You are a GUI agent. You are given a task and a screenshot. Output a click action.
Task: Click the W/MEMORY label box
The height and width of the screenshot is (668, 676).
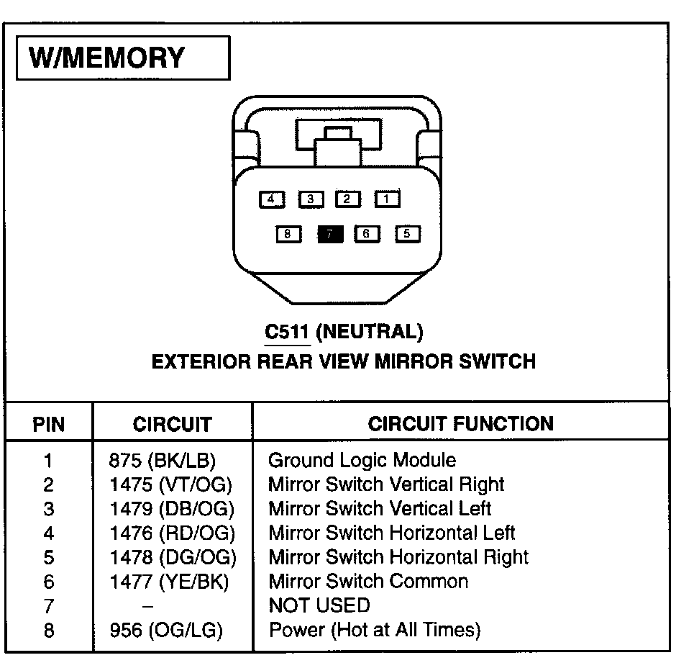click(122, 58)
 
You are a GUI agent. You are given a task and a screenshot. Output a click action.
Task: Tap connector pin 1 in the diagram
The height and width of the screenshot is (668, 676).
click(387, 199)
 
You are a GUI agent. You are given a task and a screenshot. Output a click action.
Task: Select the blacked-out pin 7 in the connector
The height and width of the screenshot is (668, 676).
click(330, 234)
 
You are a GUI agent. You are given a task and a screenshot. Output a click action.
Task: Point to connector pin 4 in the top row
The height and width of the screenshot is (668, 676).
click(271, 199)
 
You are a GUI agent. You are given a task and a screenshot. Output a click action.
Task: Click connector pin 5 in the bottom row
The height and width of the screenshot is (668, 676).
click(407, 234)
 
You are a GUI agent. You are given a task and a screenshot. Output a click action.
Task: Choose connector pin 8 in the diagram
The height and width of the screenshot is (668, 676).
click(288, 234)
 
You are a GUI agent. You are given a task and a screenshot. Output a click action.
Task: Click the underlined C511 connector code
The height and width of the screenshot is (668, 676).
click(287, 332)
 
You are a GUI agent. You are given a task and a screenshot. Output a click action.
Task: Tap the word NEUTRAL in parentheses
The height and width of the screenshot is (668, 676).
click(369, 332)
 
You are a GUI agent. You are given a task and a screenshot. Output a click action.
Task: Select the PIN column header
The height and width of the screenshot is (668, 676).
click(49, 424)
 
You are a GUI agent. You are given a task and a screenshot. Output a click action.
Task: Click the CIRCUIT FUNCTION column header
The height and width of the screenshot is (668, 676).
click(460, 423)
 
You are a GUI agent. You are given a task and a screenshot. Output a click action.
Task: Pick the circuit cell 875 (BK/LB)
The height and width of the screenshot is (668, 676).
click(163, 460)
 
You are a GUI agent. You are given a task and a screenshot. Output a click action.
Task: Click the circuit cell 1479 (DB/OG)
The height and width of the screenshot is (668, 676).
click(172, 509)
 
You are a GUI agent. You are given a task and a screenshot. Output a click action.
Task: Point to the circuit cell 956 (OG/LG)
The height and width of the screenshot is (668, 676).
click(166, 631)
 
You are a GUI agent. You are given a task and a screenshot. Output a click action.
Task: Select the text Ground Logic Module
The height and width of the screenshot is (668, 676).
click(362, 460)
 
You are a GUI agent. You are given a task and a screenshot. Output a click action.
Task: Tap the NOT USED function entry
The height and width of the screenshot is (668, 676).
click(319, 605)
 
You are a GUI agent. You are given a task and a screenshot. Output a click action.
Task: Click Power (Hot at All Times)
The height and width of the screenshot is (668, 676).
click(374, 631)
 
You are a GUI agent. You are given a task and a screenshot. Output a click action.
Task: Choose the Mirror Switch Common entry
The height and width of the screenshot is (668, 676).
click(368, 582)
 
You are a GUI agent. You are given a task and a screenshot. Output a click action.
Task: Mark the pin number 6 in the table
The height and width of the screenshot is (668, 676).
click(49, 582)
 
